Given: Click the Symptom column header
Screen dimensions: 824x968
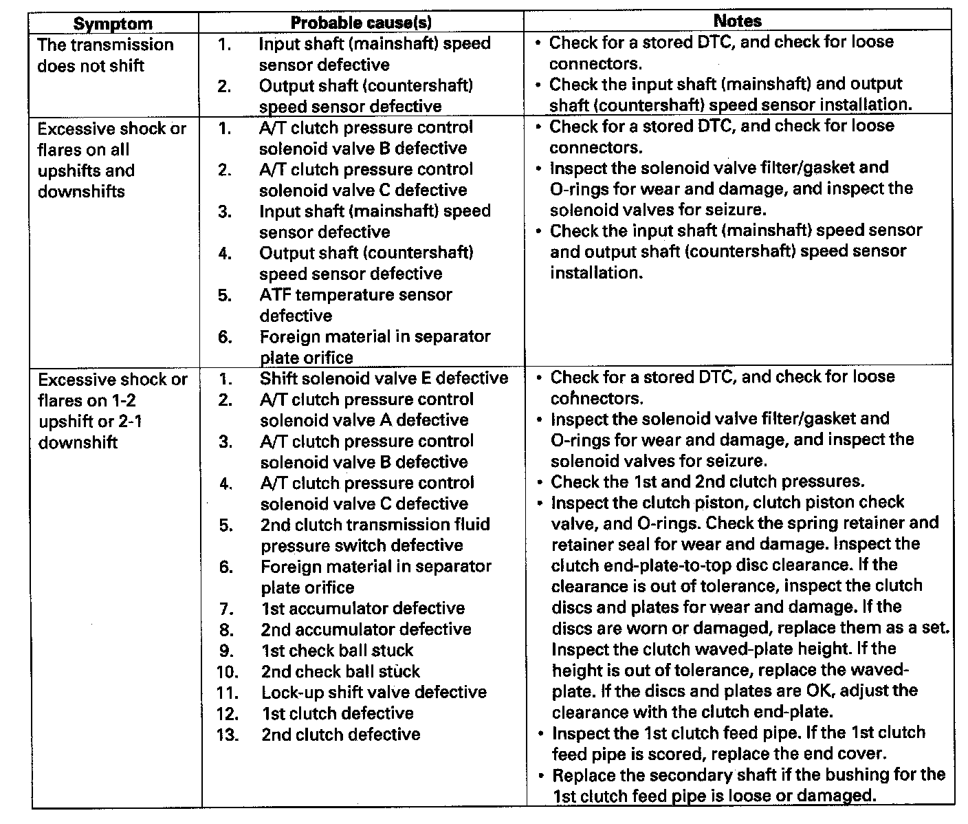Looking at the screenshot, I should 113,23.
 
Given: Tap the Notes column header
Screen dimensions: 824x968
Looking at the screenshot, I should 738,21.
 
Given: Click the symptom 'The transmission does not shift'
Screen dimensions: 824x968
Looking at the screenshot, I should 104,55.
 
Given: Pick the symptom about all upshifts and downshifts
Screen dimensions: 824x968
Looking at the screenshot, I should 111,160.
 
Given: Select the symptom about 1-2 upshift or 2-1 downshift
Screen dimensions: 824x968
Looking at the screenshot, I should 112,411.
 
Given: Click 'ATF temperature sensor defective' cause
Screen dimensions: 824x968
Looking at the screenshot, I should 355,305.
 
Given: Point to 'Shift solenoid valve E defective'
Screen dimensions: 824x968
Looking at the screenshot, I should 384,378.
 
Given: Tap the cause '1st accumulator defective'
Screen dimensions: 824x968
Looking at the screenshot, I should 362,608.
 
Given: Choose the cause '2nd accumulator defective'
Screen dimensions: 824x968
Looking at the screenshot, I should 366,629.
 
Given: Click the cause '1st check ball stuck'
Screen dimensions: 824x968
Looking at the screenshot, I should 337,650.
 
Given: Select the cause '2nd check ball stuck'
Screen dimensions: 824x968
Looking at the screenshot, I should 340,671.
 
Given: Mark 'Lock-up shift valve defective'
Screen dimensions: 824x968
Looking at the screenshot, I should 373,692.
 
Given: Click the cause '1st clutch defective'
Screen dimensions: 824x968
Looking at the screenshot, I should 337,713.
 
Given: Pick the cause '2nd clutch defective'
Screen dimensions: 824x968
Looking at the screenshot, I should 340,734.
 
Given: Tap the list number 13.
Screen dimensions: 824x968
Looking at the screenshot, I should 227,734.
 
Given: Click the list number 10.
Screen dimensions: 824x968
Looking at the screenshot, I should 227,671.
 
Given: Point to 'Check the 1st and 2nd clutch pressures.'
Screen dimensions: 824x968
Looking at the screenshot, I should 707,481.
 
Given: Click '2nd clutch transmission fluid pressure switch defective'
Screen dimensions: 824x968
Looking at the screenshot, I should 375,535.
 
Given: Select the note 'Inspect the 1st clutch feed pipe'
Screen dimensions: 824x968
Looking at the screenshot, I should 738,743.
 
